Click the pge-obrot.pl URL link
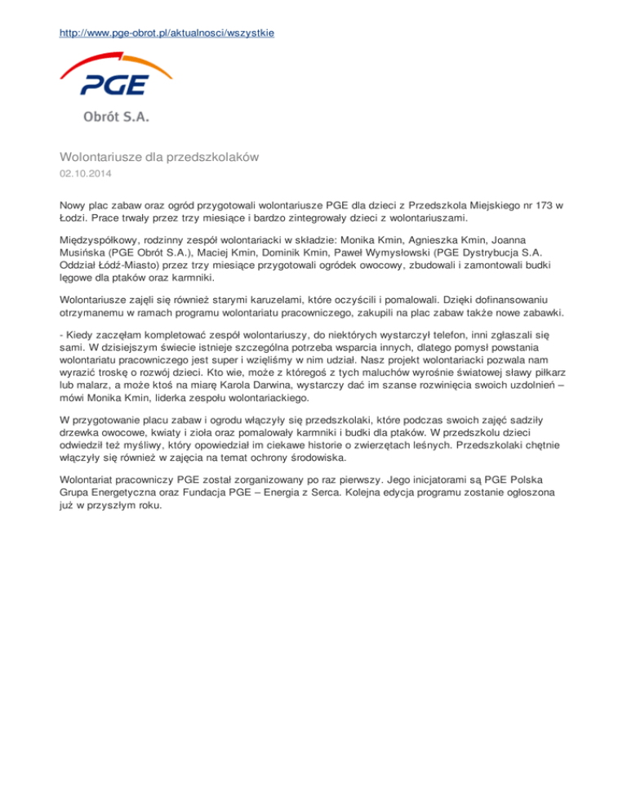(x=166, y=33)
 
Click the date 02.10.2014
(x=85, y=174)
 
